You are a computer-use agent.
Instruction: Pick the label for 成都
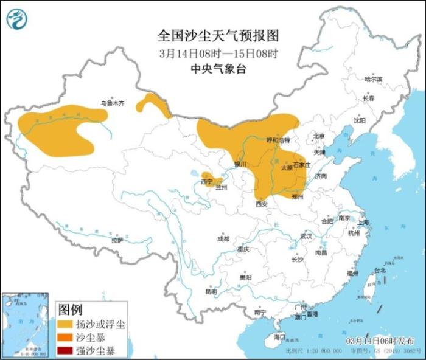click(x=223, y=238)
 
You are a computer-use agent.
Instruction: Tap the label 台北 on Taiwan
click(x=379, y=270)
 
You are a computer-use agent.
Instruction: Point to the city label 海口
click(x=279, y=336)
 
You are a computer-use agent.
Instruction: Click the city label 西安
click(x=262, y=204)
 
